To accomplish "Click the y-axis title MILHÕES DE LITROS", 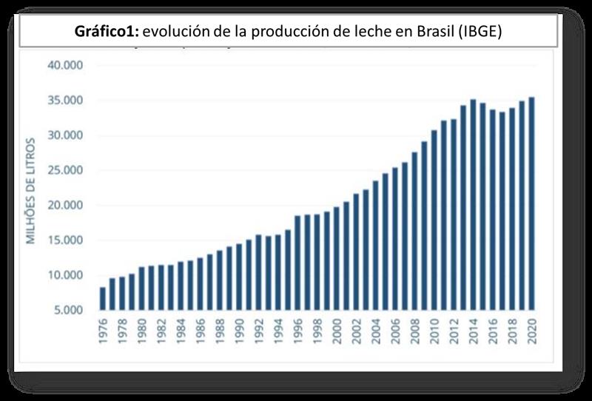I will point(31,189).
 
